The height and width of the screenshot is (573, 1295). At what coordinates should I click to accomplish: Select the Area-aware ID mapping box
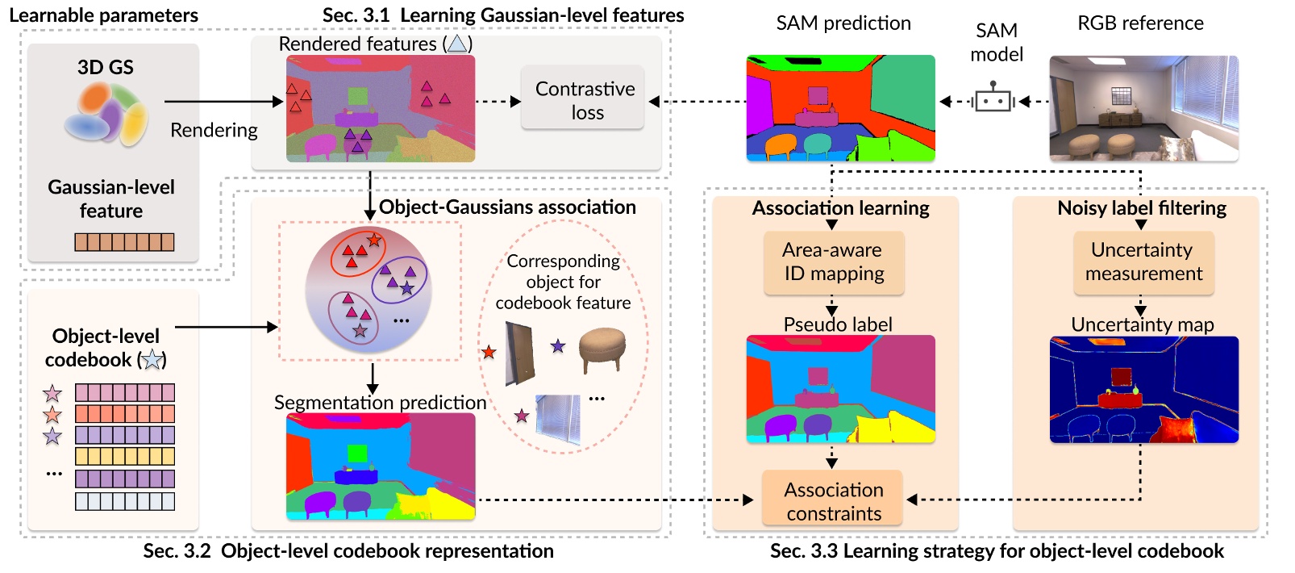834,262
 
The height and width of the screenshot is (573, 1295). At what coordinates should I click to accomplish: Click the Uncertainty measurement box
1143,262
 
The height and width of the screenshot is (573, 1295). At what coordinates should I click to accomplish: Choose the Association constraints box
833,500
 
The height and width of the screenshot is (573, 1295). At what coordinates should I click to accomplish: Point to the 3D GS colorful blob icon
106,115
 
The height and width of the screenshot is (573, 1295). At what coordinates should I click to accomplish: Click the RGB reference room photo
1143,108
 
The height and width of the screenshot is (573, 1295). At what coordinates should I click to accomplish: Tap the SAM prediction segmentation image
840,108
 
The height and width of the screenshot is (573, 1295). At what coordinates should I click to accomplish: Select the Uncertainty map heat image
1143,389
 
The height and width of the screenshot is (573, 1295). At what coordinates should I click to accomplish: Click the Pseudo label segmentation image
840,389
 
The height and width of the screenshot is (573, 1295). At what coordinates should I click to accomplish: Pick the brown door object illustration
520,353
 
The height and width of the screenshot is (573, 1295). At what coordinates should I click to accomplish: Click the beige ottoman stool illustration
602,350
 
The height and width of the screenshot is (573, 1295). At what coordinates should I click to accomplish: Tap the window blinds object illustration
558,418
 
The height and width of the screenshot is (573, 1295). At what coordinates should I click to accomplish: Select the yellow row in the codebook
124,456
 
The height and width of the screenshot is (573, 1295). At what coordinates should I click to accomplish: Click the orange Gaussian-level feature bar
124,241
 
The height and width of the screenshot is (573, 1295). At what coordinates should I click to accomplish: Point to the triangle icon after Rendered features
457,44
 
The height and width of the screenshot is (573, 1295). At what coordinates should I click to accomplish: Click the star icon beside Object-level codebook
152,360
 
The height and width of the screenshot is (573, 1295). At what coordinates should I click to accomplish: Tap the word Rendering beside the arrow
214,130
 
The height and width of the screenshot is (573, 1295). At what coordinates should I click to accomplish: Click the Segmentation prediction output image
380,466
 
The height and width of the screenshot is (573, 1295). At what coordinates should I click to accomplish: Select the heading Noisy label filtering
1141,208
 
